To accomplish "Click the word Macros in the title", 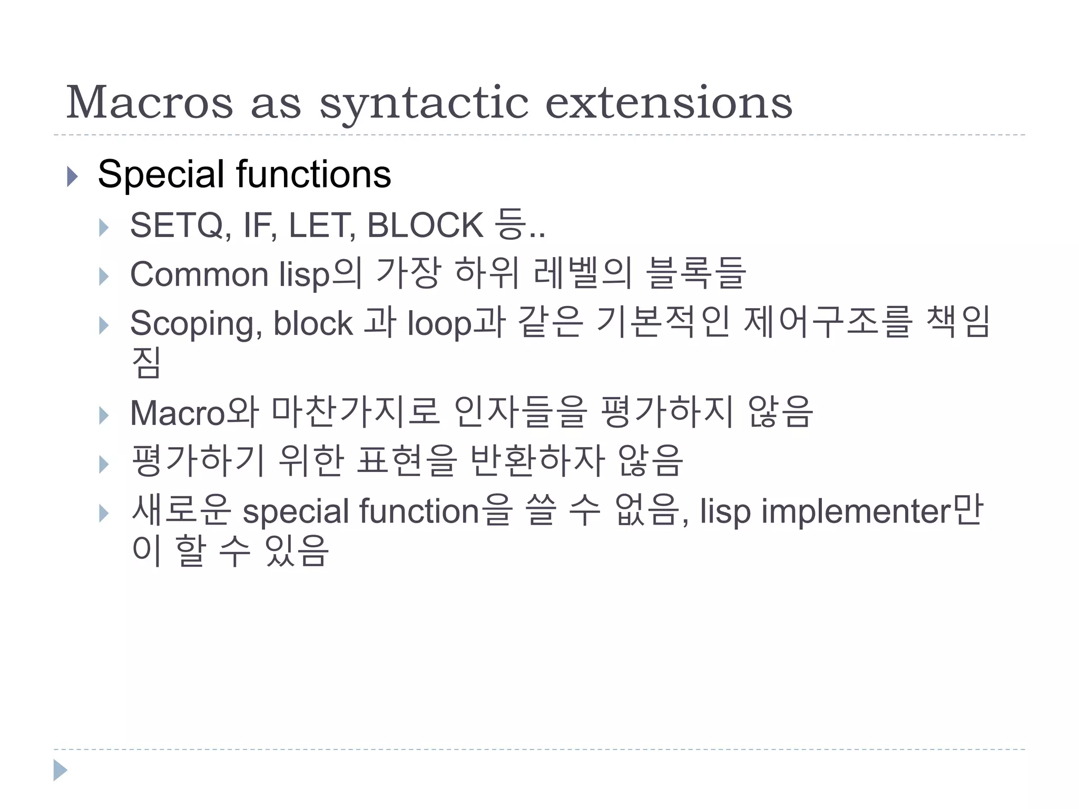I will point(150,102).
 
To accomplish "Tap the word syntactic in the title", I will point(424,103).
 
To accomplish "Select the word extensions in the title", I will point(668,102).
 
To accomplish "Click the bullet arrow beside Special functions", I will point(73,176).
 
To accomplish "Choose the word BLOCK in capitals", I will point(425,225).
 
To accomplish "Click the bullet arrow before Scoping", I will point(104,325).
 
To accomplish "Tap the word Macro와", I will point(194,413).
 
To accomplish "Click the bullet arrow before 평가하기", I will point(104,464).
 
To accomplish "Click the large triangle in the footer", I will point(60,770).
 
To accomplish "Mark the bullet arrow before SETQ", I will point(104,228).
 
